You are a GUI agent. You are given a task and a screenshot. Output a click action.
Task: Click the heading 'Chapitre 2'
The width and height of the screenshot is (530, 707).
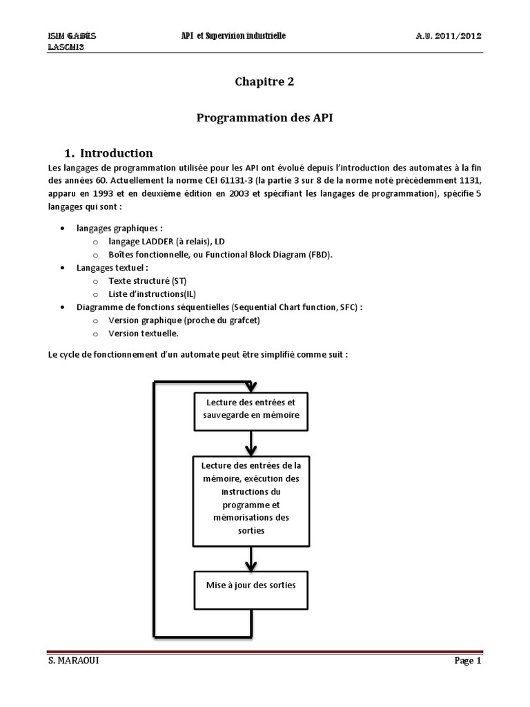[x=265, y=81]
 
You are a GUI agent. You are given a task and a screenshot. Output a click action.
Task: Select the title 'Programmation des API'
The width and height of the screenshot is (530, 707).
[x=265, y=118]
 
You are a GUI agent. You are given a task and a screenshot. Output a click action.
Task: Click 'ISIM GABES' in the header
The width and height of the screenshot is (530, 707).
[x=72, y=36]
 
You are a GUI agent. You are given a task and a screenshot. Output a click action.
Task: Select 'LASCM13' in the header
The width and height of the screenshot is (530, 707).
[x=66, y=47]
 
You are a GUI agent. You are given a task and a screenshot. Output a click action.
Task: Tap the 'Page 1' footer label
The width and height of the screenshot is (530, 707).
[x=467, y=661]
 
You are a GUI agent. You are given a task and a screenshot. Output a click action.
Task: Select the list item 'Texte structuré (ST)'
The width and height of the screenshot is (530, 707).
[x=147, y=281]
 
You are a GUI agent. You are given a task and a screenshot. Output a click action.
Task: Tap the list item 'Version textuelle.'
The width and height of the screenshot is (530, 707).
[x=143, y=333]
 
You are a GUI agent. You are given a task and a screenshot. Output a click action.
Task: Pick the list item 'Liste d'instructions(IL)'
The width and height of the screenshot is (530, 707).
[x=153, y=294]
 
